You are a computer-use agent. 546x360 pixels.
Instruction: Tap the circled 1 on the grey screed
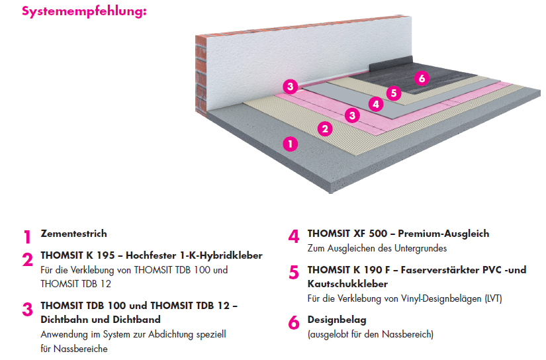pyautogui.click(x=290, y=143)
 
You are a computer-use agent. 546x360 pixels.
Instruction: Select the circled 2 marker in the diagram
pyautogui.click(x=324, y=129)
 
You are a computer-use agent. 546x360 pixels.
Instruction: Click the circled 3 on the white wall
pyautogui.click(x=289, y=86)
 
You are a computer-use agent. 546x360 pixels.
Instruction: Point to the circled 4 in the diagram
pyautogui.click(x=375, y=104)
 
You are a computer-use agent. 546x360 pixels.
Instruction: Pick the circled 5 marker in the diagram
pyautogui.click(x=394, y=93)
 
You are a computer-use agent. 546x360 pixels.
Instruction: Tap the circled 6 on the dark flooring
pyautogui.click(x=421, y=79)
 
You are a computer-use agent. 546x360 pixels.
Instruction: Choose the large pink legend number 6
pyautogui.click(x=294, y=323)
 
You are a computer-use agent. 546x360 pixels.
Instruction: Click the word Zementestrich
pyautogui.click(x=73, y=234)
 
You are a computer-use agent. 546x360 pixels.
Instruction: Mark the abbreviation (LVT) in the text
pyautogui.click(x=492, y=298)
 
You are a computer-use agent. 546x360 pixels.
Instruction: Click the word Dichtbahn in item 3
pyautogui.click(x=65, y=320)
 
